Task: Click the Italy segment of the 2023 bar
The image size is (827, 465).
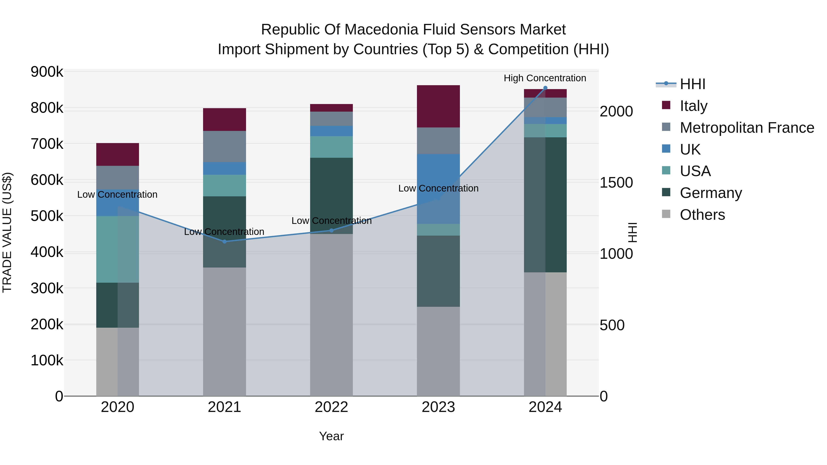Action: [438, 106]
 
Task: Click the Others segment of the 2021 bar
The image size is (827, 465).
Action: [224, 332]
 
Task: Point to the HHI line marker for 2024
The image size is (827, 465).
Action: [545, 88]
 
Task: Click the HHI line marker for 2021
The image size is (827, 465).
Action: [224, 242]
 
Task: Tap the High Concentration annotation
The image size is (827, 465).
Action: [545, 78]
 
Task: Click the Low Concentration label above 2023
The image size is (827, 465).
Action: [438, 188]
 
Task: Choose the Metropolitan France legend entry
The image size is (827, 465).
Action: [747, 128]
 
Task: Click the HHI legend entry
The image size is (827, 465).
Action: [692, 84]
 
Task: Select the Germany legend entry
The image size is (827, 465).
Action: [711, 193]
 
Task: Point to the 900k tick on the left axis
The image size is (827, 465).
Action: [47, 72]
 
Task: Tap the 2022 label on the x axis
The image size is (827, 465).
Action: [331, 407]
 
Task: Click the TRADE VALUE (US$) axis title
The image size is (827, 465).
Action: [7, 232]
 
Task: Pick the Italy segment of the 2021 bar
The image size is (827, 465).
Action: [224, 119]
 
